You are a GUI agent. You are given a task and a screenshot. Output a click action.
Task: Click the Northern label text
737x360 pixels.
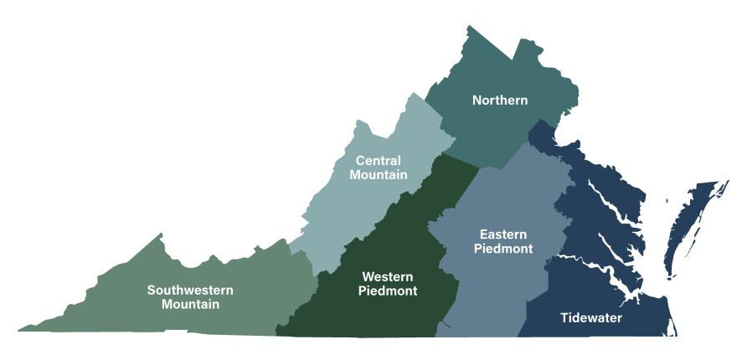point(500,100)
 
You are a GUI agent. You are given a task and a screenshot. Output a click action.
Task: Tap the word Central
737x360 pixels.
point(379,160)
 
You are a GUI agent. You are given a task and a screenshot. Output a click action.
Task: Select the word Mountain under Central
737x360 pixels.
point(379,175)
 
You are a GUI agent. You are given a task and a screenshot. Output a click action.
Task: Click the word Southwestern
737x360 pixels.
point(190,290)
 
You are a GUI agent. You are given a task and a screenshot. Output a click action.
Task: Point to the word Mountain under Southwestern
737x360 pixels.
point(190,305)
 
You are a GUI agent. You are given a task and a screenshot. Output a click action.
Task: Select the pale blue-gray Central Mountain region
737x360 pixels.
point(352,209)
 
